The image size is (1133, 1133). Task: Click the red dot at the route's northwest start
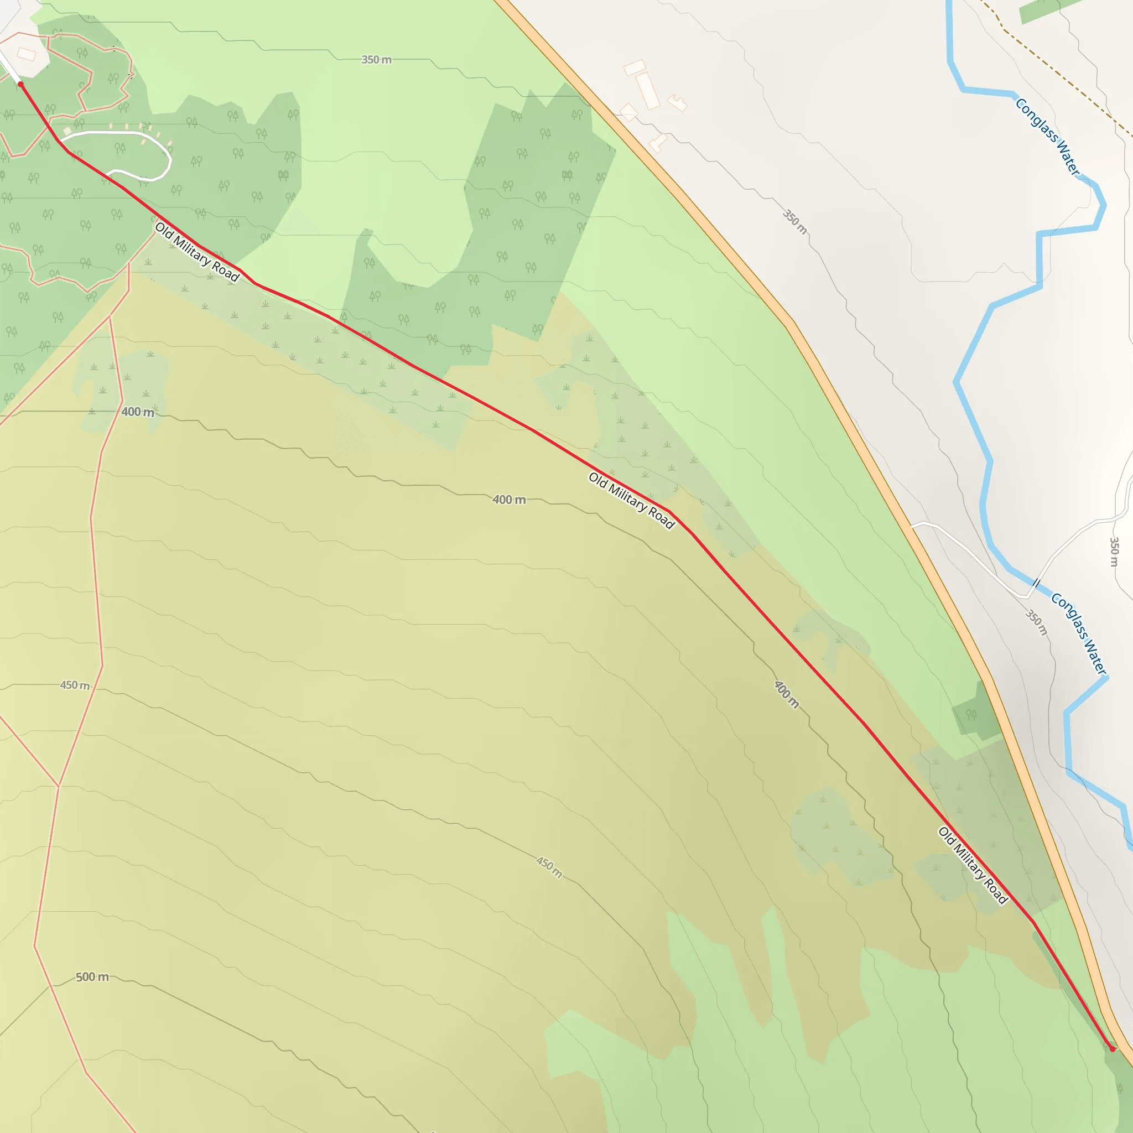[20, 85]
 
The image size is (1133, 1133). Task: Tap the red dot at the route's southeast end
[1112, 1049]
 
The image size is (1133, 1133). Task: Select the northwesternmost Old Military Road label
[197, 252]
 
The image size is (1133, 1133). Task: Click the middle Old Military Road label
[631, 500]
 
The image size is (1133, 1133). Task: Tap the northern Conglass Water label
[1047, 137]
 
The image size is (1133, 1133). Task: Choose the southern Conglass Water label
[1078, 633]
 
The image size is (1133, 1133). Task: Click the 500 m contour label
[92, 977]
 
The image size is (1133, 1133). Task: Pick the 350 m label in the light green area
[376, 60]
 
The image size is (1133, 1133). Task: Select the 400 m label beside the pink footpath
[138, 412]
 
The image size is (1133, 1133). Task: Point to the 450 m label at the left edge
[75, 685]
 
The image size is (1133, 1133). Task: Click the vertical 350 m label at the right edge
[1114, 551]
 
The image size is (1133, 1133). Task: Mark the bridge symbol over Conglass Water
[1036, 584]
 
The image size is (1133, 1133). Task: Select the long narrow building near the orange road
[648, 91]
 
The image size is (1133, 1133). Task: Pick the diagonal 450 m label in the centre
[549, 867]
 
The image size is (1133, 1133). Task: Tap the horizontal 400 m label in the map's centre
[509, 500]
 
